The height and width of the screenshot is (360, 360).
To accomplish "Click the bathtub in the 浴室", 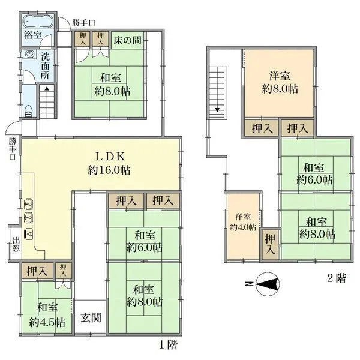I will (x=38, y=21).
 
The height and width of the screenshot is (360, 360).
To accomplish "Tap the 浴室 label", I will (x=33, y=35).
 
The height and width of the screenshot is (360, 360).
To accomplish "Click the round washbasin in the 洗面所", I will (x=29, y=53).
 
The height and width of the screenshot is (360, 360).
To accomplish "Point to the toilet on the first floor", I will (x=29, y=110).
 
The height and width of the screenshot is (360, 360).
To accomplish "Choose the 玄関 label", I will (x=91, y=317).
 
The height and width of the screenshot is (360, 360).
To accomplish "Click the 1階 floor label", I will (x=169, y=345).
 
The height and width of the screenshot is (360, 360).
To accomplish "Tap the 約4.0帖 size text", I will (x=243, y=227).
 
